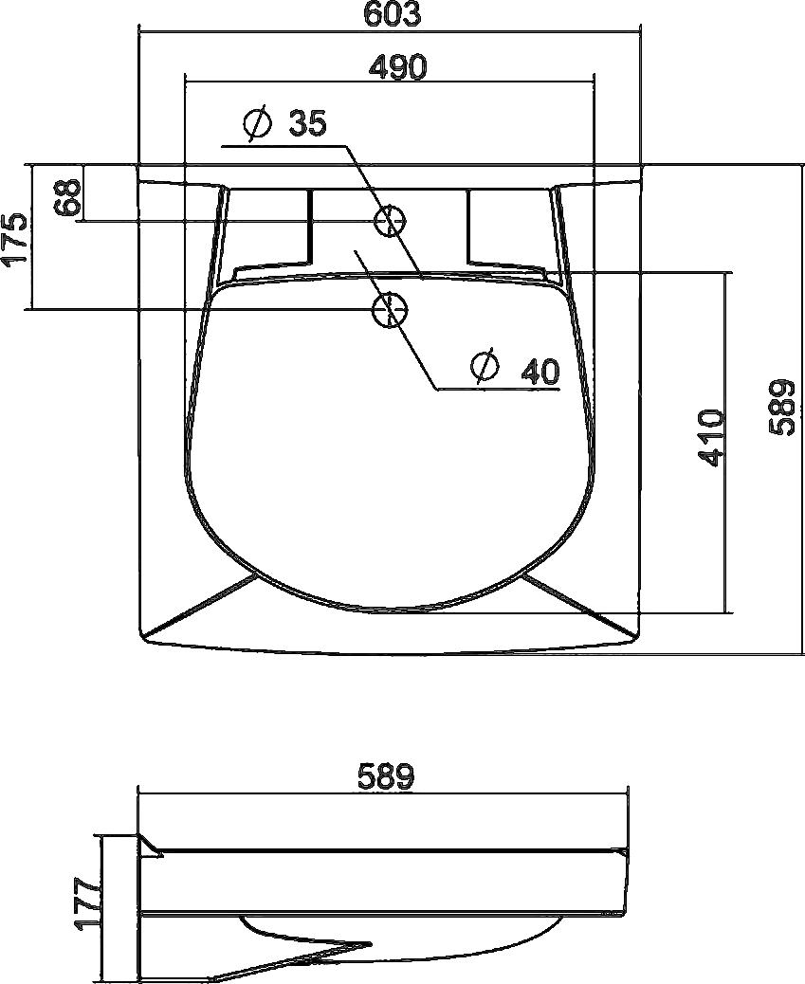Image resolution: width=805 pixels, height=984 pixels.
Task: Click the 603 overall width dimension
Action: (x=393, y=14)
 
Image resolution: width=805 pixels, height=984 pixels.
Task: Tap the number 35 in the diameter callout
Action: (x=308, y=123)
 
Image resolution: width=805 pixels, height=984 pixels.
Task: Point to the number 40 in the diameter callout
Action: (x=540, y=371)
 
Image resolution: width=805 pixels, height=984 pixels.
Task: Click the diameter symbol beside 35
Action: (x=258, y=122)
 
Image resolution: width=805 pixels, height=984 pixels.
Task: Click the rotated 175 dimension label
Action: (x=16, y=241)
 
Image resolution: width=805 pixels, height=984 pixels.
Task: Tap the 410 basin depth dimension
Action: (x=711, y=438)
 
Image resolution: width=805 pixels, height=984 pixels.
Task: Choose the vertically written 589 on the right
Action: (x=782, y=408)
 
